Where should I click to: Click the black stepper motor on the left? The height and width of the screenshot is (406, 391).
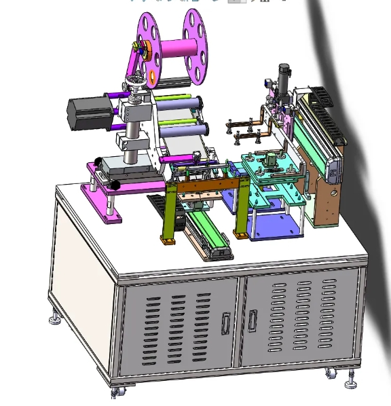[x=87, y=113]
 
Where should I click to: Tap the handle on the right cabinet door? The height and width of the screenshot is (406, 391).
[x=253, y=318]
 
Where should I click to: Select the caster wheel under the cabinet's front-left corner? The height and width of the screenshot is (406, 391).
[x=115, y=392]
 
